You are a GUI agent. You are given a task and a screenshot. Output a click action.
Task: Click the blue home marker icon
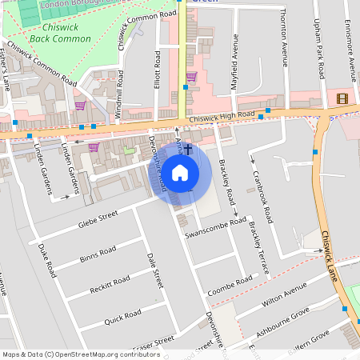(180, 172)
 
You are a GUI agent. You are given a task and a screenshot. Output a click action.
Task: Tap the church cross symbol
(189, 149)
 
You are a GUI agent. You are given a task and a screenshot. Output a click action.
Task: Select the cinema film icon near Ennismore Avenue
(343, 98)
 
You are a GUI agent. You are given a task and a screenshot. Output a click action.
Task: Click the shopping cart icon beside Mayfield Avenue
(191, 77)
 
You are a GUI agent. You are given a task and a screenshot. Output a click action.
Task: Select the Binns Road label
(98, 254)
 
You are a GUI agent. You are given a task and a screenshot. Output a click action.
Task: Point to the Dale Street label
(155, 271)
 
